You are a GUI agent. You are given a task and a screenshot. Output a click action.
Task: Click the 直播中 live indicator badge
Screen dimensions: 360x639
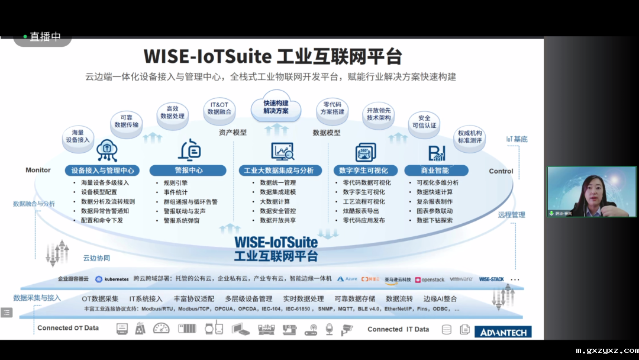tap(43, 37)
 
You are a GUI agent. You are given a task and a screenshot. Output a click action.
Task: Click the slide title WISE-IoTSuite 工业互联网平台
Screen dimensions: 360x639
tap(273, 57)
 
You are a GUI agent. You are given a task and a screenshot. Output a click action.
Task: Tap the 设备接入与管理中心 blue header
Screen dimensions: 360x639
tap(102, 171)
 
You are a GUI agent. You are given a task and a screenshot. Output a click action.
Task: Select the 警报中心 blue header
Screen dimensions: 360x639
tap(188, 171)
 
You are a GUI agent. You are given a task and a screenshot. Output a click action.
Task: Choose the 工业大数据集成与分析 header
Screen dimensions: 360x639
tap(279, 171)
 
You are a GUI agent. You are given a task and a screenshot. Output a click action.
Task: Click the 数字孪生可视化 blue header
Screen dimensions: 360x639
tap(364, 171)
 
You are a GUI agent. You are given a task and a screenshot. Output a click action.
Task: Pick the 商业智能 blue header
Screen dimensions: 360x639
tap(435, 171)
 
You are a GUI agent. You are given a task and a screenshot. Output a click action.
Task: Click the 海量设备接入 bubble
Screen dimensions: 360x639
tap(78, 136)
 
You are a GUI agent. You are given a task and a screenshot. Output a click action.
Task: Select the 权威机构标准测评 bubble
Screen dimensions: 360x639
tap(469, 137)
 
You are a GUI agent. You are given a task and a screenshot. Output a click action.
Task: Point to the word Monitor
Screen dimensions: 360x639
tap(38, 171)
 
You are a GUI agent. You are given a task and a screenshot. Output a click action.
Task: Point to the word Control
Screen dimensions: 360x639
tap(501, 171)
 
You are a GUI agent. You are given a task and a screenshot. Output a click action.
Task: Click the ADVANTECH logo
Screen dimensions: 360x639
tap(503, 332)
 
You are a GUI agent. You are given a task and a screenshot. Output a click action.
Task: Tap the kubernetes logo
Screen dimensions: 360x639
tap(112, 279)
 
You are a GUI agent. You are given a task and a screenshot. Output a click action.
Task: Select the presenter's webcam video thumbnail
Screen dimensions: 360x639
tap(590, 191)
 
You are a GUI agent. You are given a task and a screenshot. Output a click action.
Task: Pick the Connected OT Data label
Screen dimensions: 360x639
tap(68, 328)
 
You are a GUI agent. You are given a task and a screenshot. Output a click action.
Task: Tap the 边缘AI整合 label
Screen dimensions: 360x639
tap(440, 299)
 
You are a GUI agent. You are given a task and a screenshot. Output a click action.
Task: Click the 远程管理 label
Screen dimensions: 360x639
tap(511, 215)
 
